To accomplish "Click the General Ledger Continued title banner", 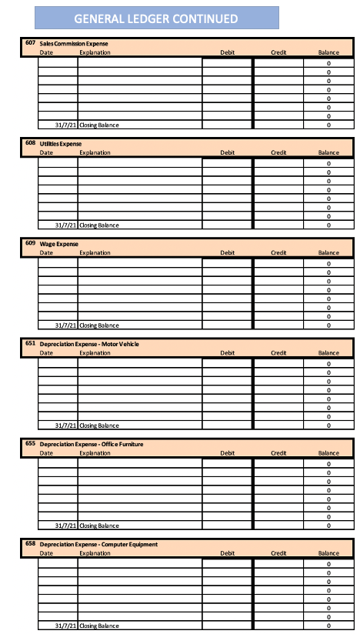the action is point(156,18).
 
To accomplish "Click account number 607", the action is point(30,43).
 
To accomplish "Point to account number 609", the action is point(30,243).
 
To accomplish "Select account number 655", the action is point(30,443).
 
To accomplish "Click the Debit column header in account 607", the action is point(227,52).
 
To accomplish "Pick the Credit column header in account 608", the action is point(278,152).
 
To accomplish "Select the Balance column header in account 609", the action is point(328,252).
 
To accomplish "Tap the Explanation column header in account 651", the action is point(95,352).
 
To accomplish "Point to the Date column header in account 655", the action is point(46,452).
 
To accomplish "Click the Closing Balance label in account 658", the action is point(99,626).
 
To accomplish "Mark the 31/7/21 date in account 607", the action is point(66,125).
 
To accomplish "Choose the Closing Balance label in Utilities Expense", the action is point(99,225).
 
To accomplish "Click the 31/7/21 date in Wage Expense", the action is point(66,325).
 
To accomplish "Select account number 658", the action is point(30,543).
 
